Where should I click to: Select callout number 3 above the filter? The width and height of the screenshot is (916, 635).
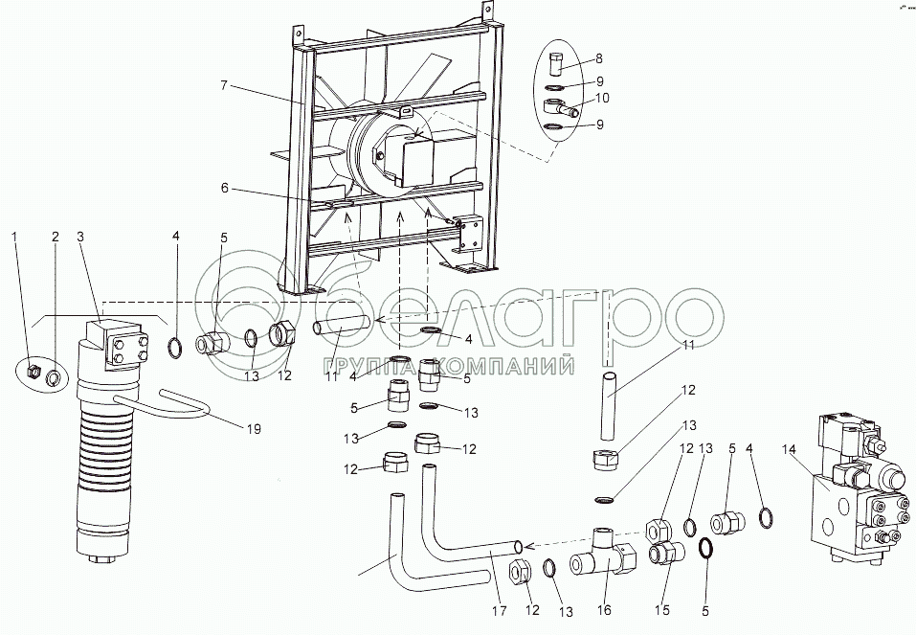point(80,235)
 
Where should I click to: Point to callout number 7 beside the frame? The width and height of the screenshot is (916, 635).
point(223,85)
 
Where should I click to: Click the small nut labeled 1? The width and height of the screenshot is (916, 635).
point(33,371)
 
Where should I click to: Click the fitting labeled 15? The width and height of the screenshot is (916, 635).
point(666,554)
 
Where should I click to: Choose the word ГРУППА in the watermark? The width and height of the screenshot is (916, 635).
point(369,366)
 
